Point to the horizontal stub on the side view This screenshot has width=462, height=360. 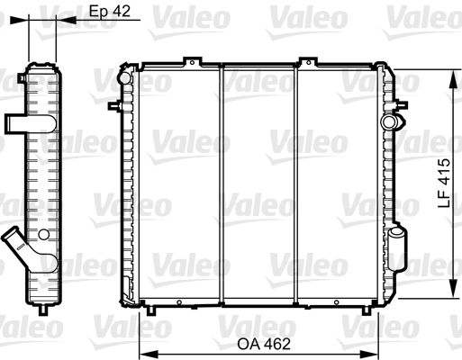click(x=17, y=121)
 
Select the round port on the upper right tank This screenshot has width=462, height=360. click(x=388, y=121)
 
